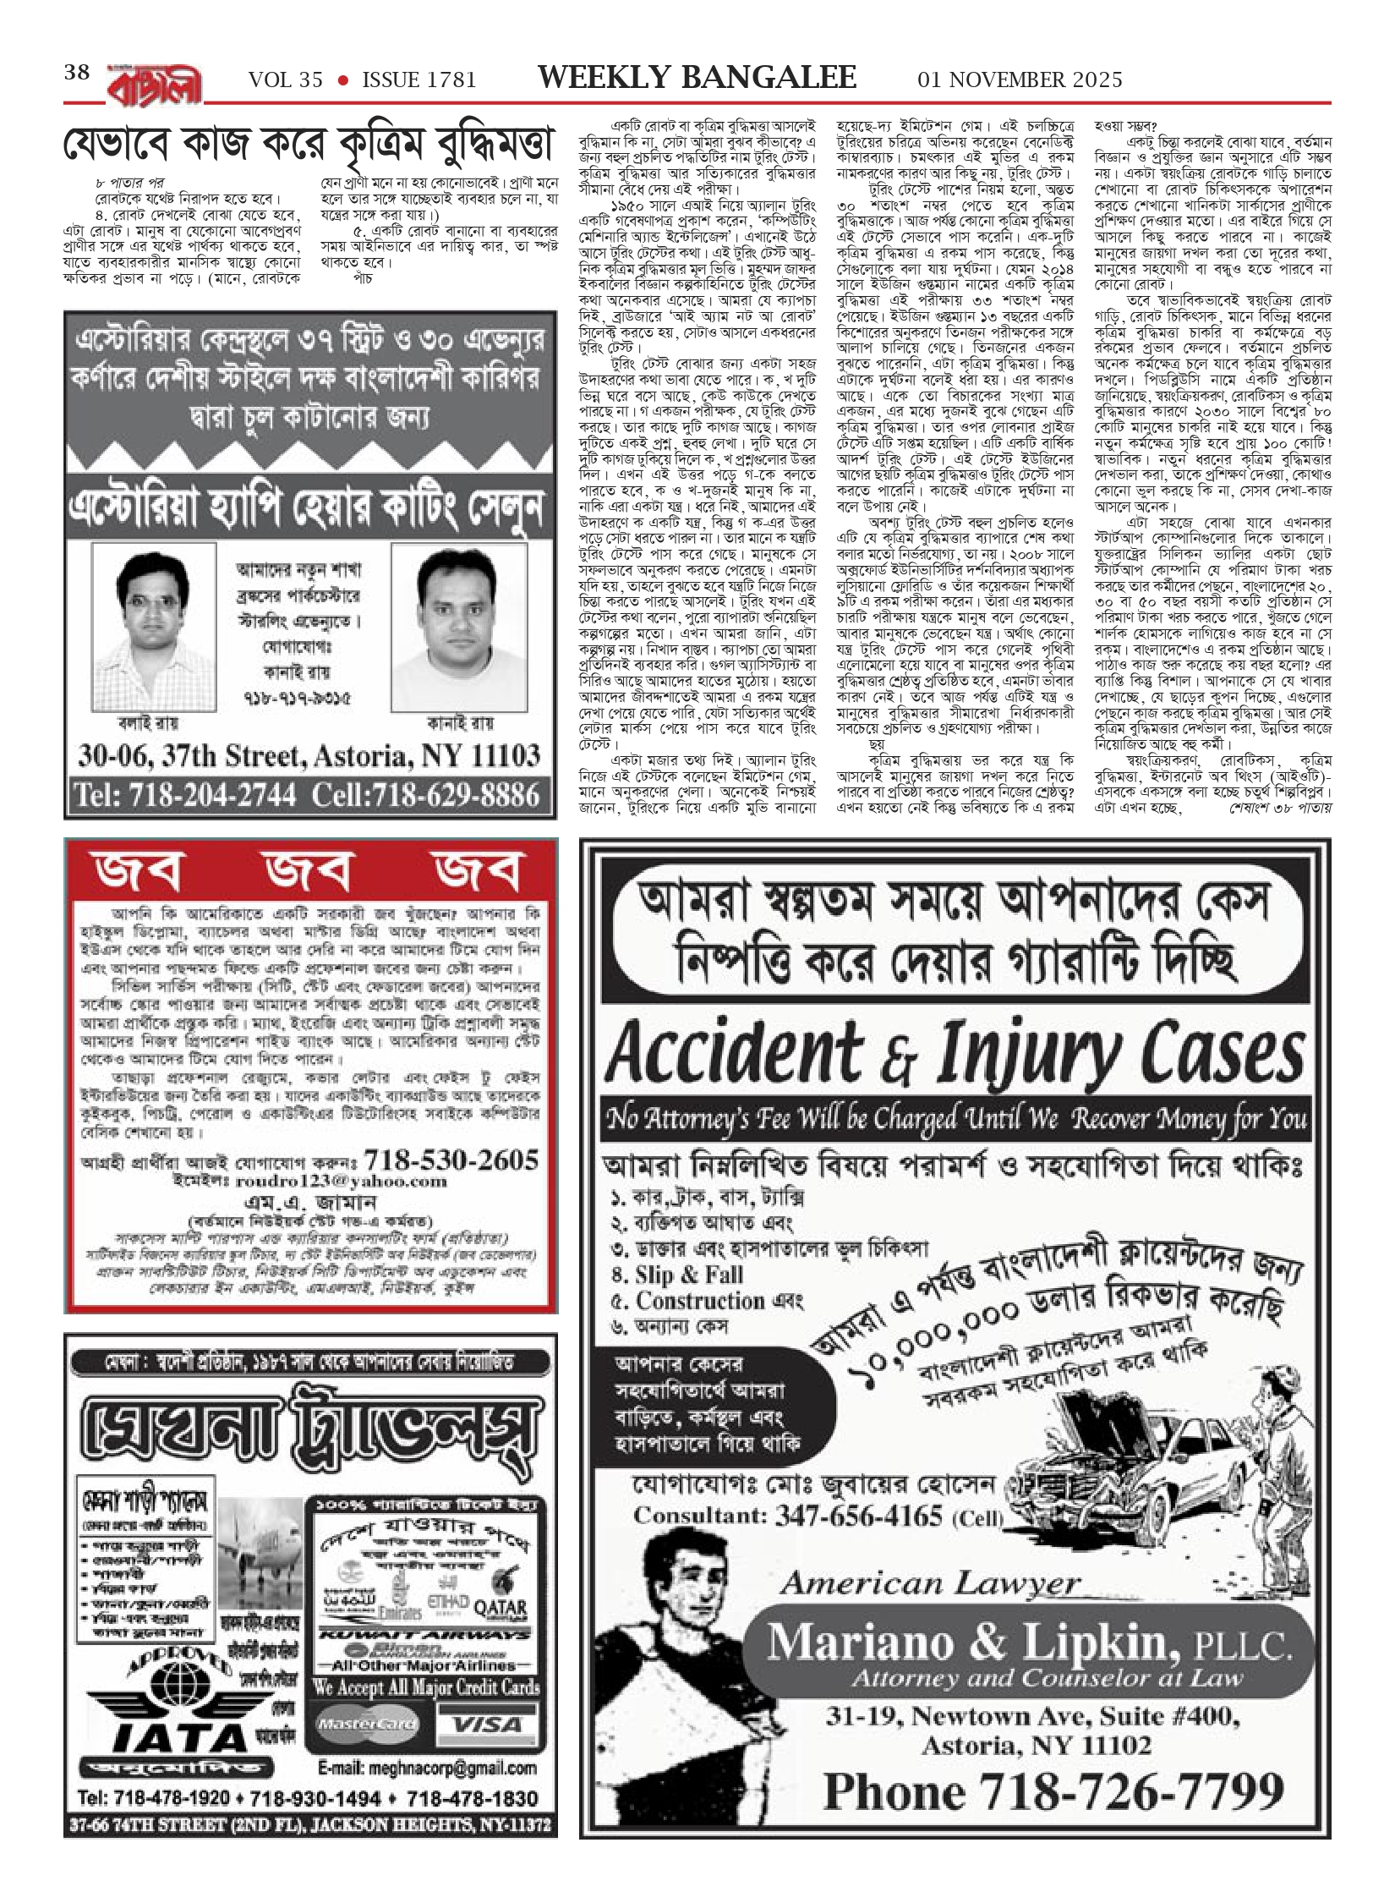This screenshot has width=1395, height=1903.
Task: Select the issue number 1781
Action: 418,80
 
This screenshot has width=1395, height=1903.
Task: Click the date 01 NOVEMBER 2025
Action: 1020,80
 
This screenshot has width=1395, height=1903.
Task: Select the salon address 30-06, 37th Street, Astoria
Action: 309,754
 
